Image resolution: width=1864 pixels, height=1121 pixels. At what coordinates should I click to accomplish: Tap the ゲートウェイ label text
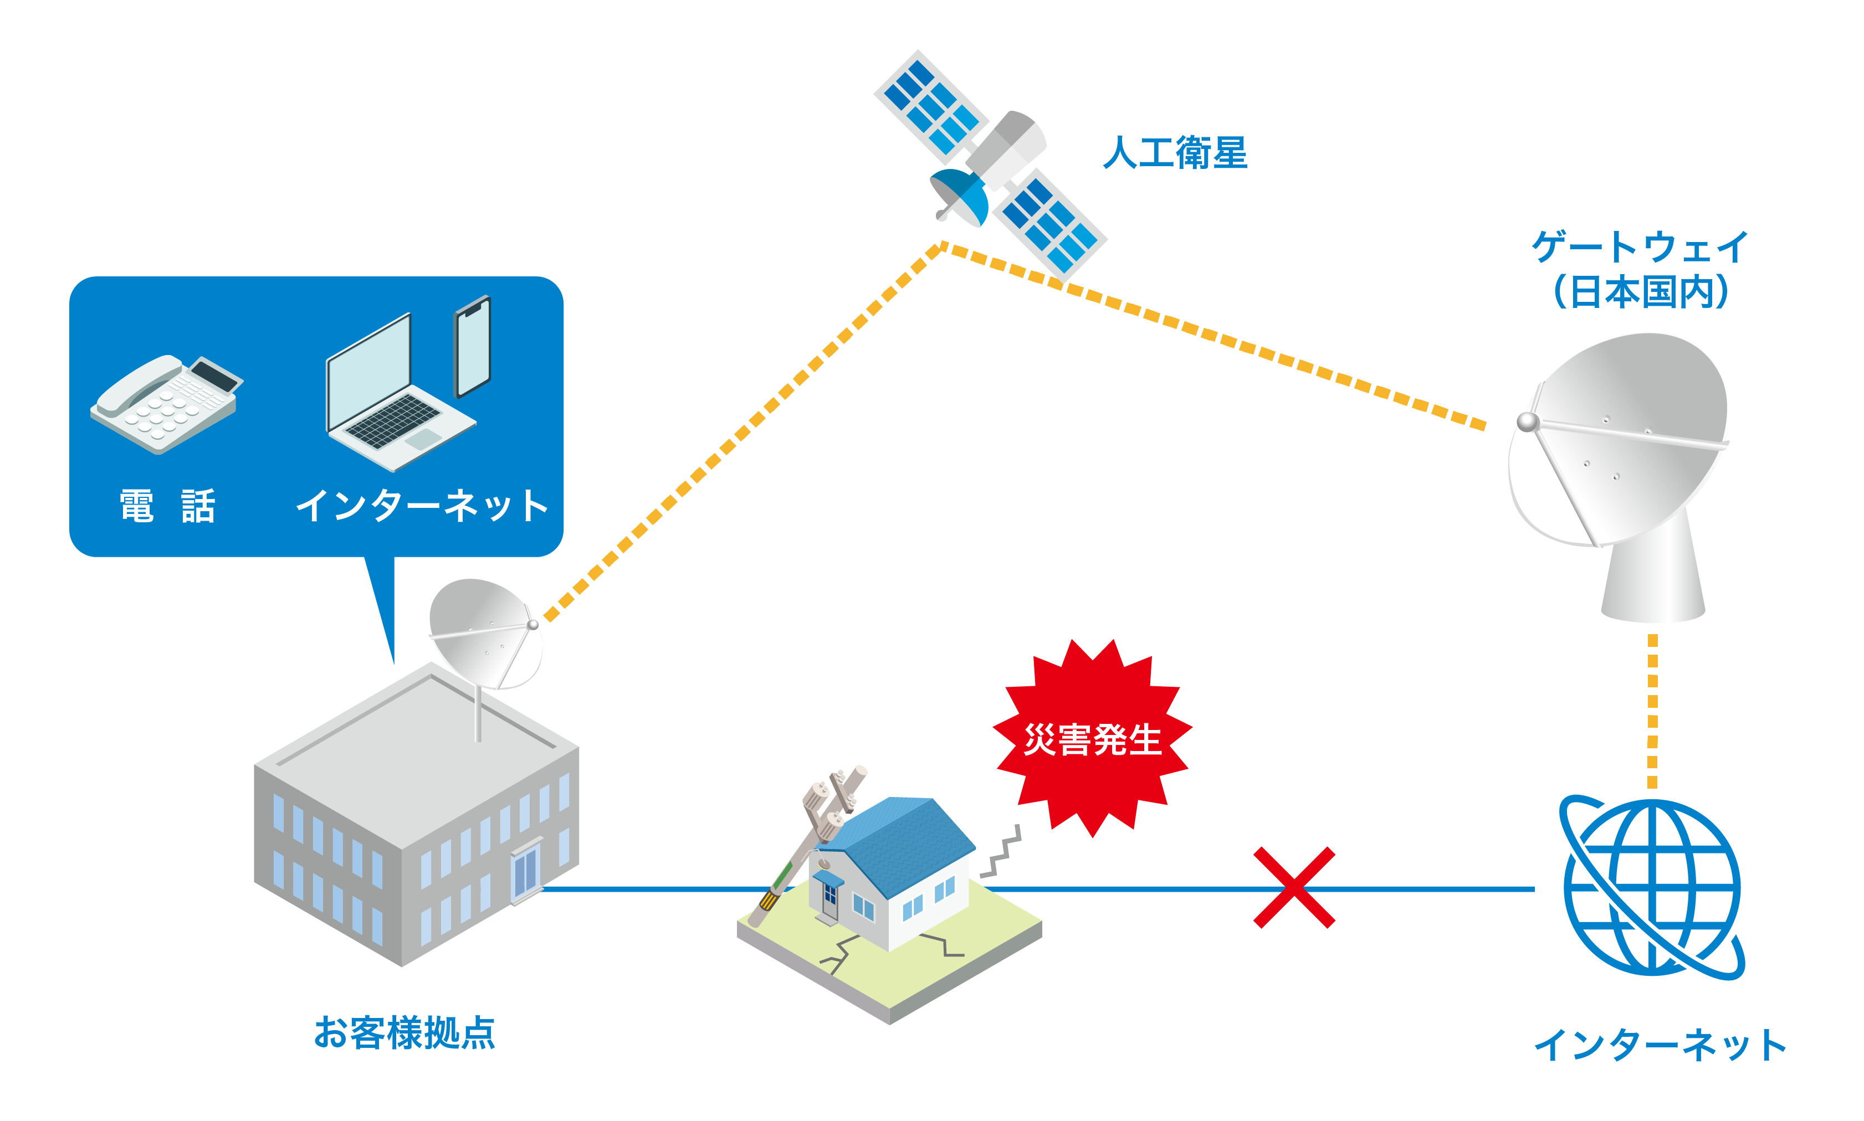coord(1638,246)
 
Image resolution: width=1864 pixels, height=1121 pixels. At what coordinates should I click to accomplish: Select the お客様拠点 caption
coord(404,1032)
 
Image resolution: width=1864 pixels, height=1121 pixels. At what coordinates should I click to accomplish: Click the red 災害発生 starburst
coord(1091,738)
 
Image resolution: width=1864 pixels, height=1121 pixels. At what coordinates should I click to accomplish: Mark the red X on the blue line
coord(1293,888)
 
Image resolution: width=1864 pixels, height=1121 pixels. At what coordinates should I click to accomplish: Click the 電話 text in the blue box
coord(167,506)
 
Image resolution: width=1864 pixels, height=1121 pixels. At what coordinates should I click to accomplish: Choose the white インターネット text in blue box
coord(422,506)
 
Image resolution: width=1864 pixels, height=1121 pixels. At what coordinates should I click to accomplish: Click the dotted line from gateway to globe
coord(1652,710)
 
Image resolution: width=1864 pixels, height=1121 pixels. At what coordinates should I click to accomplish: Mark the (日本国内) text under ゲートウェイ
coord(1640,291)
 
